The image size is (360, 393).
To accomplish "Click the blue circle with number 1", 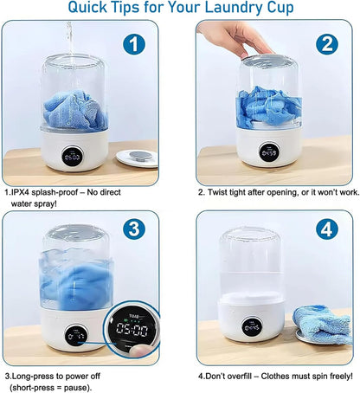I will click(132, 45).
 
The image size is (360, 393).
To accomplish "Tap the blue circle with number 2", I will click(327, 45).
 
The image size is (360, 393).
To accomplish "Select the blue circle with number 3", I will click(132, 229).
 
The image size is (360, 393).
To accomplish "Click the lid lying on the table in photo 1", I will click(133, 158).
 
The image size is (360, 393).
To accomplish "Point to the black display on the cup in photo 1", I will click(72, 158).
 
